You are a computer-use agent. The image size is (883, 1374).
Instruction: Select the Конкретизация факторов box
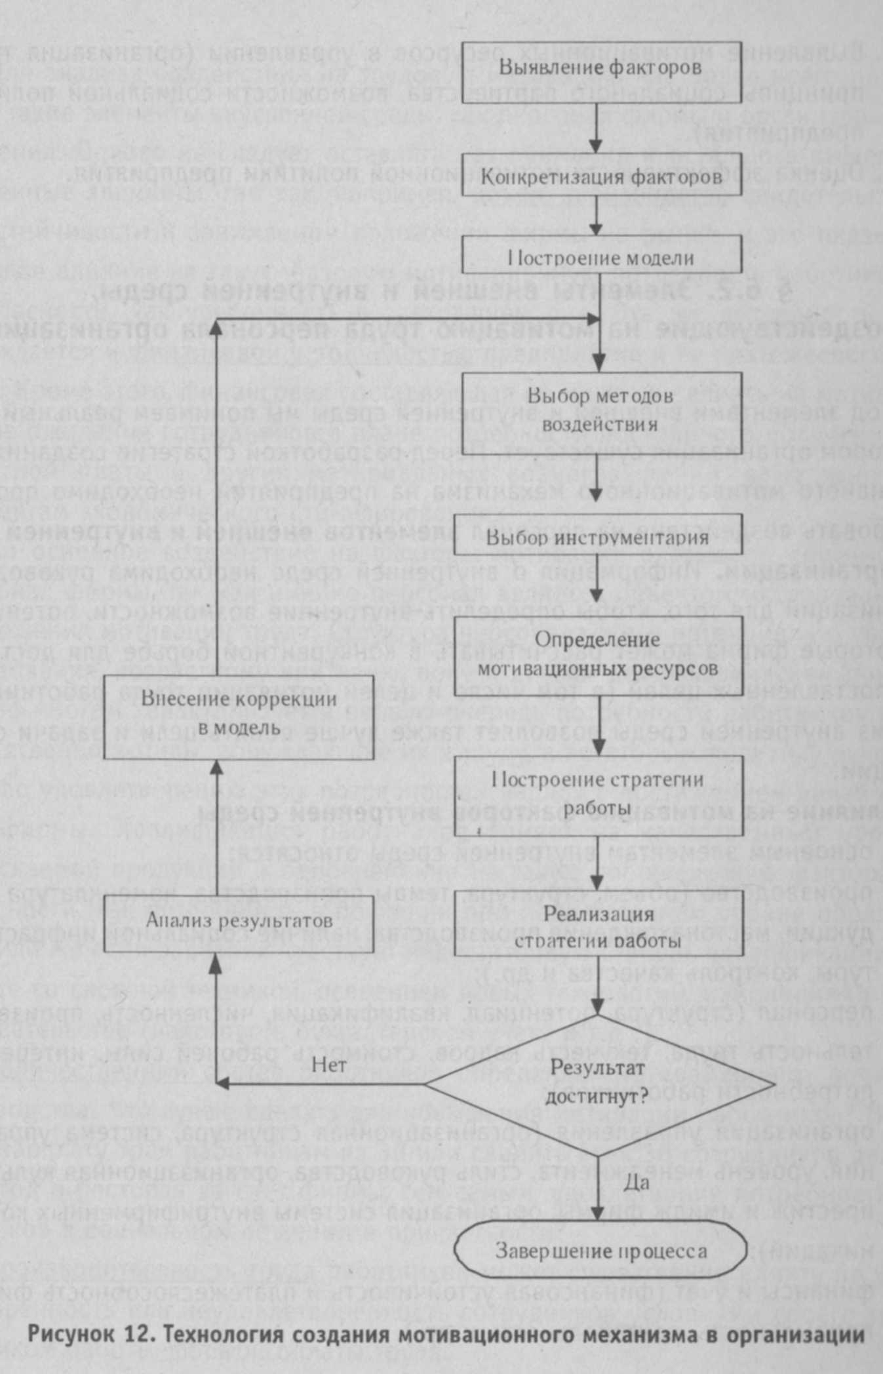click(601, 176)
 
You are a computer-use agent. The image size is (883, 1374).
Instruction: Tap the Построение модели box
click(601, 254)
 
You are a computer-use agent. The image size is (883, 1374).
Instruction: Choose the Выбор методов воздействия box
click(601, 409)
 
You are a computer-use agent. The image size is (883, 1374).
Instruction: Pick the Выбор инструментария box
click(601, 537)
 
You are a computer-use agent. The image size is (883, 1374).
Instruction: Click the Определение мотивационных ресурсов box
click(601, 656)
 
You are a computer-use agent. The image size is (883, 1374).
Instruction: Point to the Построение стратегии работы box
click(601, 794)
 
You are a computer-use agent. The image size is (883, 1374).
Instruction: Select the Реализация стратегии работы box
click(601, 927)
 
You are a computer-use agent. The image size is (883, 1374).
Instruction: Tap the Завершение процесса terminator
click(601, 1251)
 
